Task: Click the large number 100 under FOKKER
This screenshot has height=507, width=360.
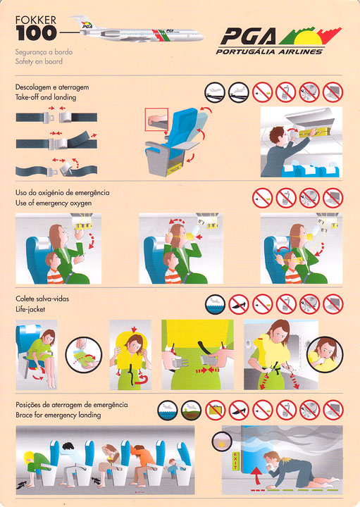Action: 36,33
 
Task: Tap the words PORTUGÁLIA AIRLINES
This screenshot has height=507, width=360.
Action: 269,51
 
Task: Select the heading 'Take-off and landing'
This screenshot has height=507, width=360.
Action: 46,97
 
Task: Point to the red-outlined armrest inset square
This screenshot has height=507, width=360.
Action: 156,119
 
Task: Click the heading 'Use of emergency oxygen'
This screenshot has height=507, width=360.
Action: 54,204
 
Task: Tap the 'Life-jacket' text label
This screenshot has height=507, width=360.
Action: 30,309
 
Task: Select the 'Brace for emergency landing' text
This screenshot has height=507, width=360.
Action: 58,415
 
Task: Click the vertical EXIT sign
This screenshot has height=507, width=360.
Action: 235,461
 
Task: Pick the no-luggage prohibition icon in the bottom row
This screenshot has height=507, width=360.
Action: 215,411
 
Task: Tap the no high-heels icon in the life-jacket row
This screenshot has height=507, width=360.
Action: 239,304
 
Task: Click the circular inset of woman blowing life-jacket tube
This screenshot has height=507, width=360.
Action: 325,354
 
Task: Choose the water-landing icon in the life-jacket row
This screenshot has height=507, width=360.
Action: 215,304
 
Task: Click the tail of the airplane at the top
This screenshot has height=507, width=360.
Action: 83,22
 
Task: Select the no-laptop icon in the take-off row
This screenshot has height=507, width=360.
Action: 333,92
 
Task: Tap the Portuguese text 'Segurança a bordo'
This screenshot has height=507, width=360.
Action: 44,52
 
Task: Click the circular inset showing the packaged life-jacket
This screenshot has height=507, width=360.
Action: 84,355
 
